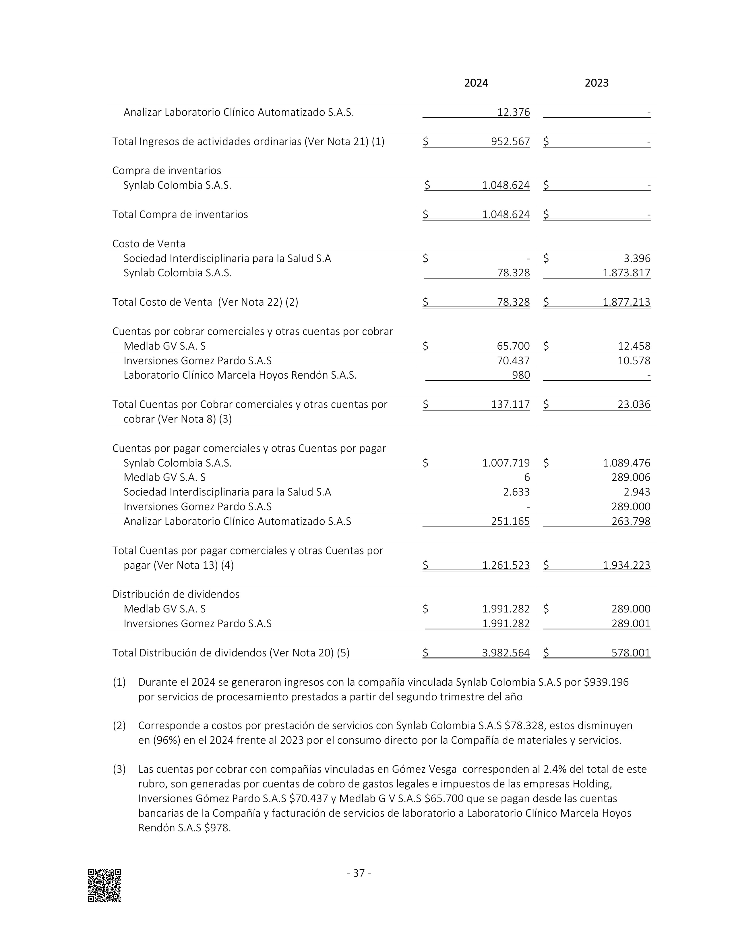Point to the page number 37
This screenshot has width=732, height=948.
[x=359, y=873]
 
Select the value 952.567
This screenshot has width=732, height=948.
[x=510, y=142]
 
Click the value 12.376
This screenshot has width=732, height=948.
[x=514, y=112]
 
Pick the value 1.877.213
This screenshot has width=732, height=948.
[x=626, y=302]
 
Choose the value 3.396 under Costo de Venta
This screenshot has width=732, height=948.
[x=637, y=259]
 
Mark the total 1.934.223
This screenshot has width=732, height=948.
[x=626, y=565]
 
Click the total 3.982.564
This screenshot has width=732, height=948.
[x=506, y=653]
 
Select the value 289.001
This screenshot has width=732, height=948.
[x=631, y=624]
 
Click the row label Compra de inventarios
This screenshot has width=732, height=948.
[x=166, y=171]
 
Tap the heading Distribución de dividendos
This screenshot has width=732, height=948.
[x=176, y=594]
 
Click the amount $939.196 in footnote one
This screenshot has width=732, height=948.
[x=606, y=682]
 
